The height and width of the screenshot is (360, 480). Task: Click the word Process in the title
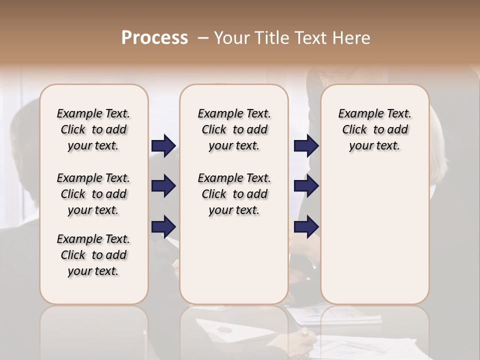coord(154,38)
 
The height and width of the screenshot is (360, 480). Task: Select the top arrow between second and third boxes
coord(306,146)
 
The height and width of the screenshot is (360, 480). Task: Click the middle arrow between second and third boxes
coord(306,186)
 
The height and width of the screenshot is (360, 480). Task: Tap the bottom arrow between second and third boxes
coord(306,227)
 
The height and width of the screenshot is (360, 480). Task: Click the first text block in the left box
coord(93,129)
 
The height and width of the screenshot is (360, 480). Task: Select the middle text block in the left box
coord(93,194)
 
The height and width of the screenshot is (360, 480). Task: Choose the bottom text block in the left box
coord(93,255)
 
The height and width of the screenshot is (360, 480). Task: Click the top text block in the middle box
coord(234,129)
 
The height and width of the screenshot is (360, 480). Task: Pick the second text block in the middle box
coord(234,194)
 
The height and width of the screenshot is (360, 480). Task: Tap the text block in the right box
coord(375,129)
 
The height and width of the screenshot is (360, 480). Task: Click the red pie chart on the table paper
coord(224,329)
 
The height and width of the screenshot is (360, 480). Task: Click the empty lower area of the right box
coord(375,235)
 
